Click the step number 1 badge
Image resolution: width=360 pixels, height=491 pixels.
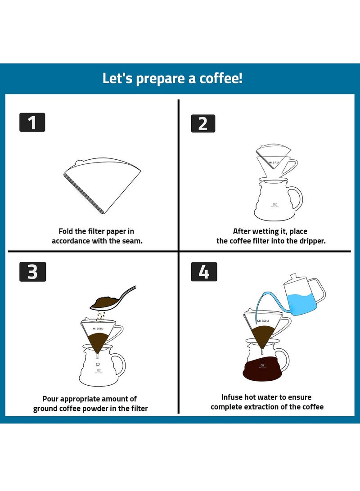click(x=32, y=122)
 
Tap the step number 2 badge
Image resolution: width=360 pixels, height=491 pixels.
click(x=203, y=123)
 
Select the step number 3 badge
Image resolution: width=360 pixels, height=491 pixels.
click(x=32, y=272)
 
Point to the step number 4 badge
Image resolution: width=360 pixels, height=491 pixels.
click(x=204, y=272)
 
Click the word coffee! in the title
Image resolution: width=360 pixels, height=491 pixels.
click(x=220, y=78)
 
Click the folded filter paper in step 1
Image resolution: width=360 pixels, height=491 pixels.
click(x=101, y=185)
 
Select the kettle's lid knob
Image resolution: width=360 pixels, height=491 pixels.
click(x=293, y=275)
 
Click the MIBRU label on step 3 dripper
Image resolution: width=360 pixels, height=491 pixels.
click(x=98, y=329)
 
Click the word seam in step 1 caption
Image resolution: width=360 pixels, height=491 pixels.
click(x=133, y=241)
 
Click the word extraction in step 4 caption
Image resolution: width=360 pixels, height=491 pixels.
click(x=276, y=407)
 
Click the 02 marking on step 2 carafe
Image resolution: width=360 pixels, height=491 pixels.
click(x=274, y=204)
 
